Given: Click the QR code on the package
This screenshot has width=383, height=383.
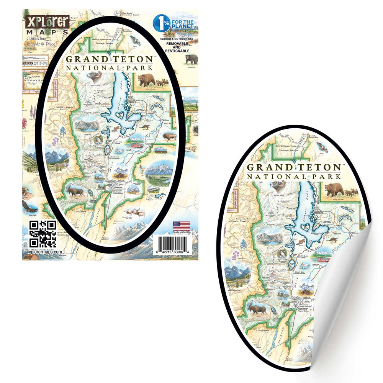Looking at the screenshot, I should (43, 234).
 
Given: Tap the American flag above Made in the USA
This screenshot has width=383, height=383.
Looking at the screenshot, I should (178, 226).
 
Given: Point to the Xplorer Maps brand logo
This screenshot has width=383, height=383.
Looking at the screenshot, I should (46, 24).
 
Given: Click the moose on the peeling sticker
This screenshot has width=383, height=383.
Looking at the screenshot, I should (256, 308).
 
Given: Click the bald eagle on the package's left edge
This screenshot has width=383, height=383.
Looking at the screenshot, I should (29, 207).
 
